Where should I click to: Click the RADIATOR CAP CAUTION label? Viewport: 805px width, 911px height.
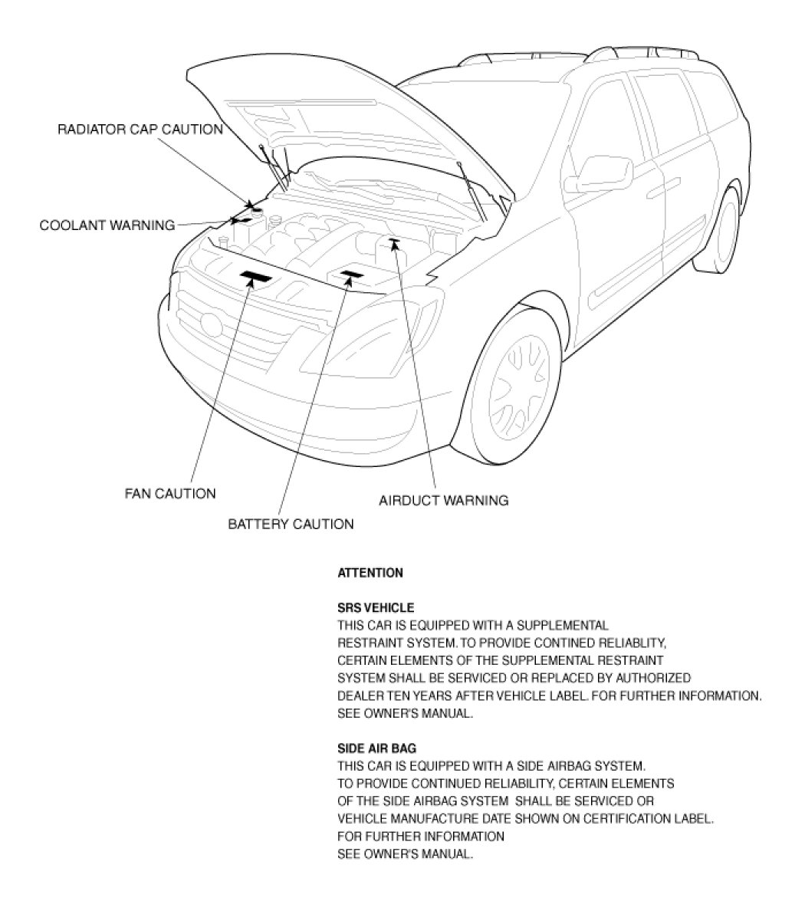(140, 130)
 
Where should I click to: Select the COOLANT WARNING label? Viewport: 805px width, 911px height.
(107, 225)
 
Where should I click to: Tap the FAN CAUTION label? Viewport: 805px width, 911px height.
(170, 493)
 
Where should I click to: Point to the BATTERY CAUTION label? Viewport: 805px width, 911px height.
(291, 525)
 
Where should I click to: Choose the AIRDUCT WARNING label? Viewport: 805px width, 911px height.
(443, 501)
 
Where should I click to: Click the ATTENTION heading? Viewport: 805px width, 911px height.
(370, 573)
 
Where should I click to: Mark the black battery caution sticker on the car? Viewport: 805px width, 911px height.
(351, 274)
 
